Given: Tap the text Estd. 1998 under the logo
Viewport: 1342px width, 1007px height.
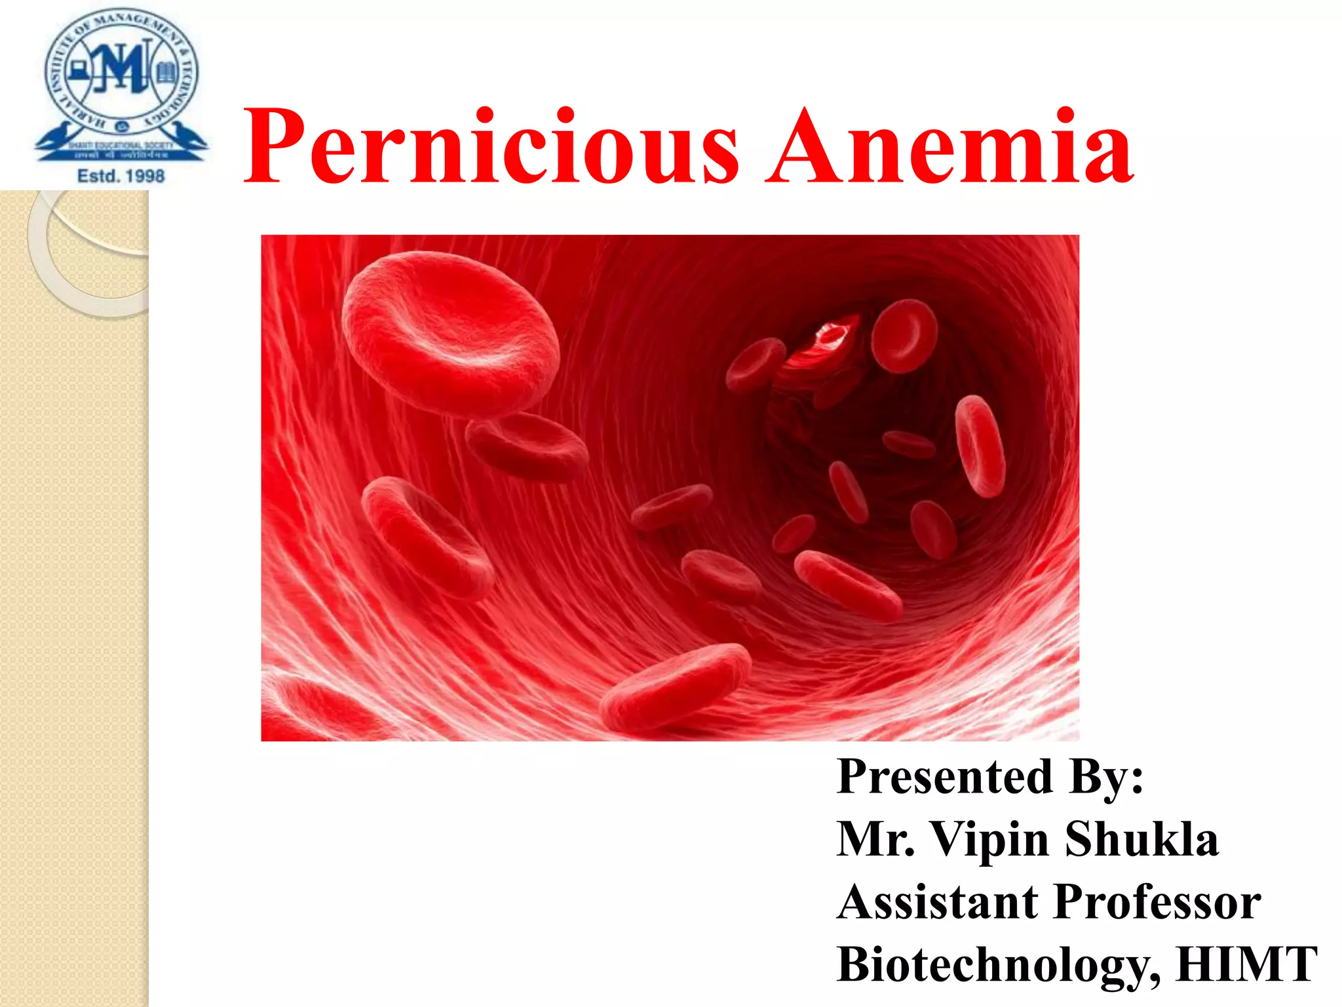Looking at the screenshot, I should [121, 176].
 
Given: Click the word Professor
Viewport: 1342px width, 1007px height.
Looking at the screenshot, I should [1157, 902].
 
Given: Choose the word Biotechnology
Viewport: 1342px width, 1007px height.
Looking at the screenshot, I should [996, 965].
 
